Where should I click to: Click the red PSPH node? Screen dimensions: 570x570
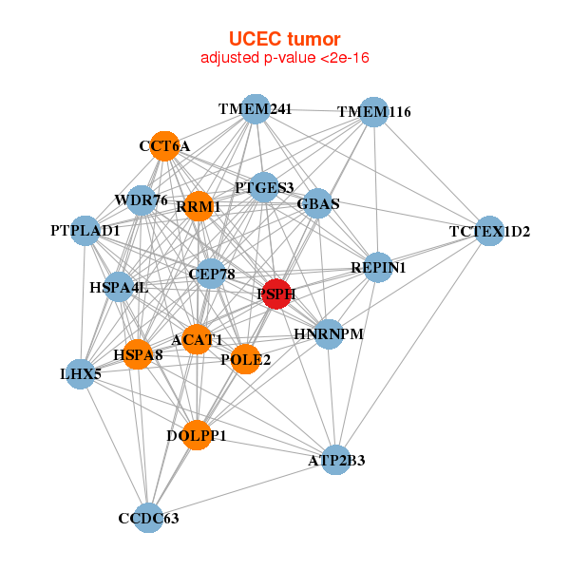click(275, 294)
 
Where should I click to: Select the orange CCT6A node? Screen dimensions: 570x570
click(165, 145)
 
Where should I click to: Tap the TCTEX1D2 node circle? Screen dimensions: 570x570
click(489, 231)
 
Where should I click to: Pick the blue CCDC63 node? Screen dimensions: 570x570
click(148, 518)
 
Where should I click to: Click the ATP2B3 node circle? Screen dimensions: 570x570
click(335, 460)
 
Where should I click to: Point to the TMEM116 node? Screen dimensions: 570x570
click(374, 111)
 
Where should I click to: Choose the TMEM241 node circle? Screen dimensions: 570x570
click(255, 109)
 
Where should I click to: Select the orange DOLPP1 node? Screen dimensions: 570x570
click(197, 435)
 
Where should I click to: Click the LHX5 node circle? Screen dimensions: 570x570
click(81, 374)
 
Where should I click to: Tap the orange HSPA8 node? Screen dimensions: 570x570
click(138, 354)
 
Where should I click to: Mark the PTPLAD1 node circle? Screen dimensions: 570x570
click(85, 230)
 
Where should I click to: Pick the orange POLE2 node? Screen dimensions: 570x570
click(245, 359)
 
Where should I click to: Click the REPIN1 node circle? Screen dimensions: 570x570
click(377, 268)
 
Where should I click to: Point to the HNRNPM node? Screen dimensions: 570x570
click(329, 333)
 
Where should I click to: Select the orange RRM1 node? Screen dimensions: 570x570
click(199, 206)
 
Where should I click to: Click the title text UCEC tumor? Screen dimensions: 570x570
click(284, 39)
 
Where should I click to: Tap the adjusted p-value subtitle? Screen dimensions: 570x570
click(284, 58)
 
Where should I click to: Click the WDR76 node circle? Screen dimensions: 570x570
click(142, 199)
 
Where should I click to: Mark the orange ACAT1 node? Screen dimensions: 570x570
click(197, 339)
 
